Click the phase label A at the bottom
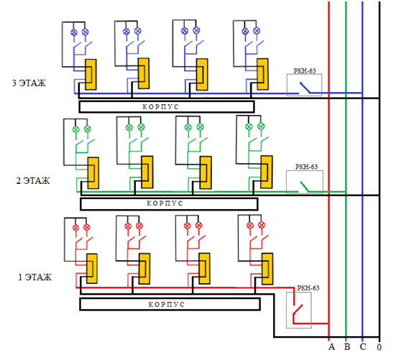331,346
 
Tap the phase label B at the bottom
347,346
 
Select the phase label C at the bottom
363,346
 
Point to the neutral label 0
379,347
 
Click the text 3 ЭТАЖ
29,83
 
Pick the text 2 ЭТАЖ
33,181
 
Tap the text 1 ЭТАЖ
34,277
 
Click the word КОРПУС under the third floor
160,107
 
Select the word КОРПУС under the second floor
165,203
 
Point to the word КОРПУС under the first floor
167,304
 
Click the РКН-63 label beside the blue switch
305,71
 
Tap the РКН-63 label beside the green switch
306,167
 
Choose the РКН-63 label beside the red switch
308,288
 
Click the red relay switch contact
298,310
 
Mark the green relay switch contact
304,187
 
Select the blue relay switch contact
305,88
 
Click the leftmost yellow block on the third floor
91,75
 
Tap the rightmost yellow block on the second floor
267,172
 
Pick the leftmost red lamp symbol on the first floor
75,228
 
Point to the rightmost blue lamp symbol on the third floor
257,31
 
